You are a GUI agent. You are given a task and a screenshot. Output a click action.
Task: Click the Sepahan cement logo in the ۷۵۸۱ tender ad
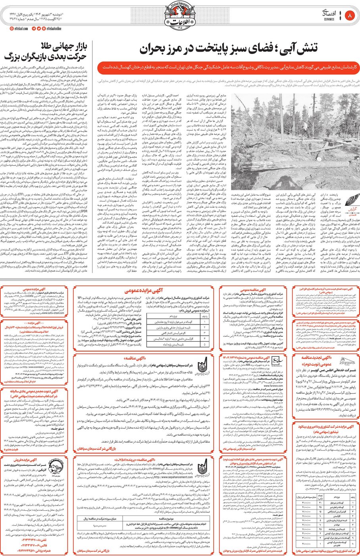pos(202,465)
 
